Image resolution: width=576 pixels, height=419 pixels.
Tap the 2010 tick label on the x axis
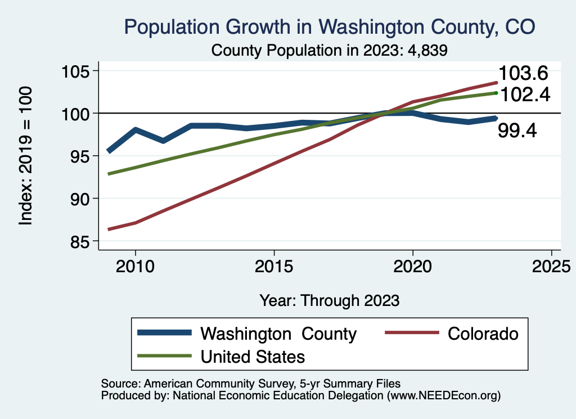[x=135, y=267]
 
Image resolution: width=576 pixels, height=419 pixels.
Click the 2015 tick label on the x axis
[x=274, y=267]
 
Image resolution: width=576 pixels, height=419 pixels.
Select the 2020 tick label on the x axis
[x=413, y=267]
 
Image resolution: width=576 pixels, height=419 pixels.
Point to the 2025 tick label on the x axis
[x=552, y=267]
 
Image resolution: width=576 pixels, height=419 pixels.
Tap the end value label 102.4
[x=524, y=94]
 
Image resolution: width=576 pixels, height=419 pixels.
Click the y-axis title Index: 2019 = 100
[x=26, y=156]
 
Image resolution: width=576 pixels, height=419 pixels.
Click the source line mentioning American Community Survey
[x=250, y=384]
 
